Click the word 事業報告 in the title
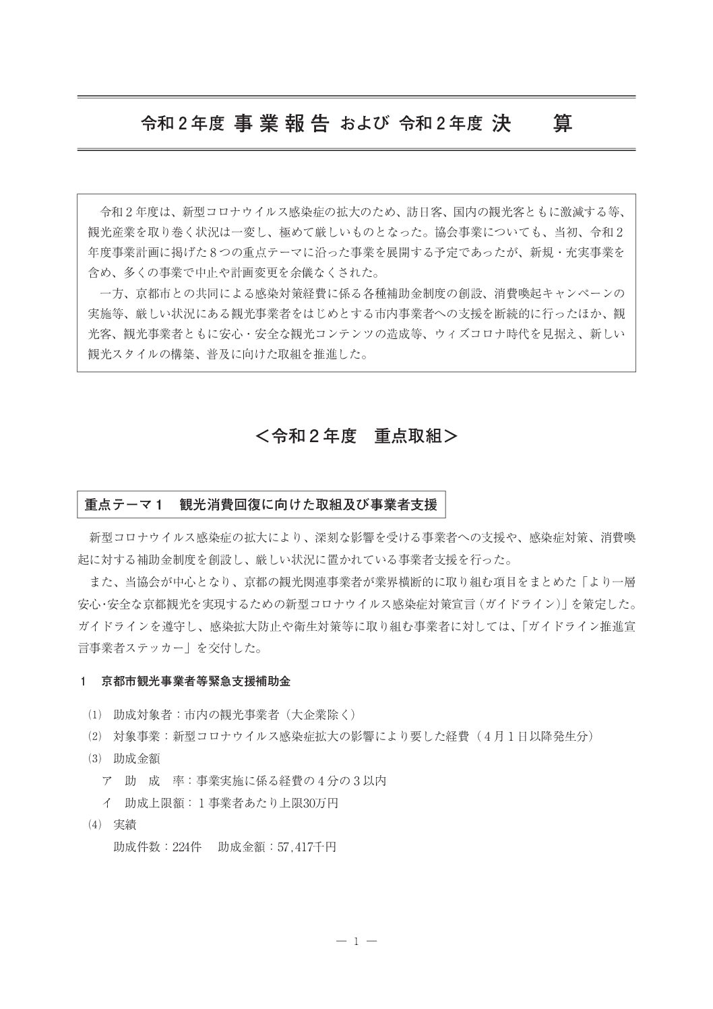[x=282, y=124]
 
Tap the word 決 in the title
[x=500, y=124]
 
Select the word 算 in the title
[x=562, y=124]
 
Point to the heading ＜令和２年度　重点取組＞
[x=356, y=437]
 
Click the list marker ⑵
[x=92, y=737]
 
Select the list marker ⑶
[x=92, y=759]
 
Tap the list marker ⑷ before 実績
[x=92, y=824]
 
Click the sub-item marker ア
[x=106, y=781]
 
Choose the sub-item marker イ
[x=106, y=803]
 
